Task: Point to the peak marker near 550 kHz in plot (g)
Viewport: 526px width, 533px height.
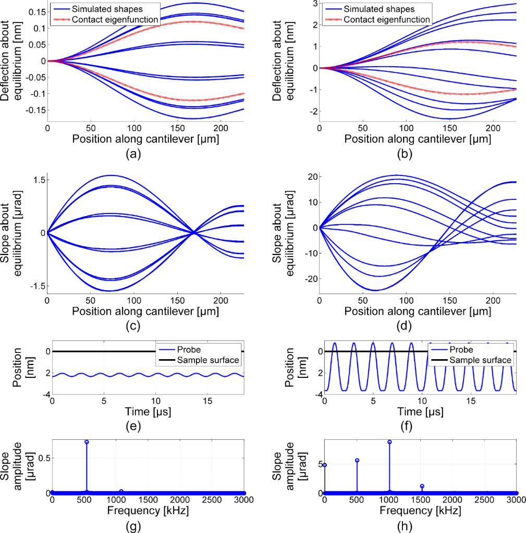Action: pyautogui.click(x=87, y=442)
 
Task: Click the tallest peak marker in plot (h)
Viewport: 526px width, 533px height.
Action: pyautogui.click(x=389, y=442)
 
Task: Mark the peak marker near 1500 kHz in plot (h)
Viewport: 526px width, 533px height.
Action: pyautogui.click(x=422, y=486)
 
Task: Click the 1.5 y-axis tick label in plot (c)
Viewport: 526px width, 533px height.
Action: pyautogui.click(x=36, y=180)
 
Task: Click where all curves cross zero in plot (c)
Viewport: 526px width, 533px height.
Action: pyautogui.click(x=194, y=233)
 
